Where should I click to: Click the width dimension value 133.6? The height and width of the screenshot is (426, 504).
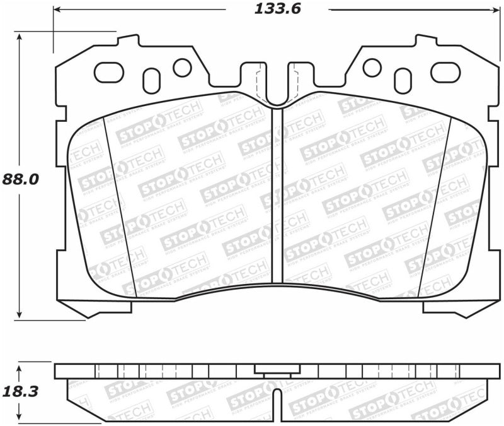(x=278, y=9)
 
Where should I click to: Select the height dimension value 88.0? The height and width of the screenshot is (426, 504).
(x=20, y=179)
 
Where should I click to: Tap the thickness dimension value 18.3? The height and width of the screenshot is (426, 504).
(x=21, y=391)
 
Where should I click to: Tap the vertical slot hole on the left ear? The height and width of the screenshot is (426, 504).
(x=152, y=80)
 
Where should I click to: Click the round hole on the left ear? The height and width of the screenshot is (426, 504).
(x=182, y=67)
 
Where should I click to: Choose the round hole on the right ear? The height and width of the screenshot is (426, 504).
(x=372, y=67)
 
